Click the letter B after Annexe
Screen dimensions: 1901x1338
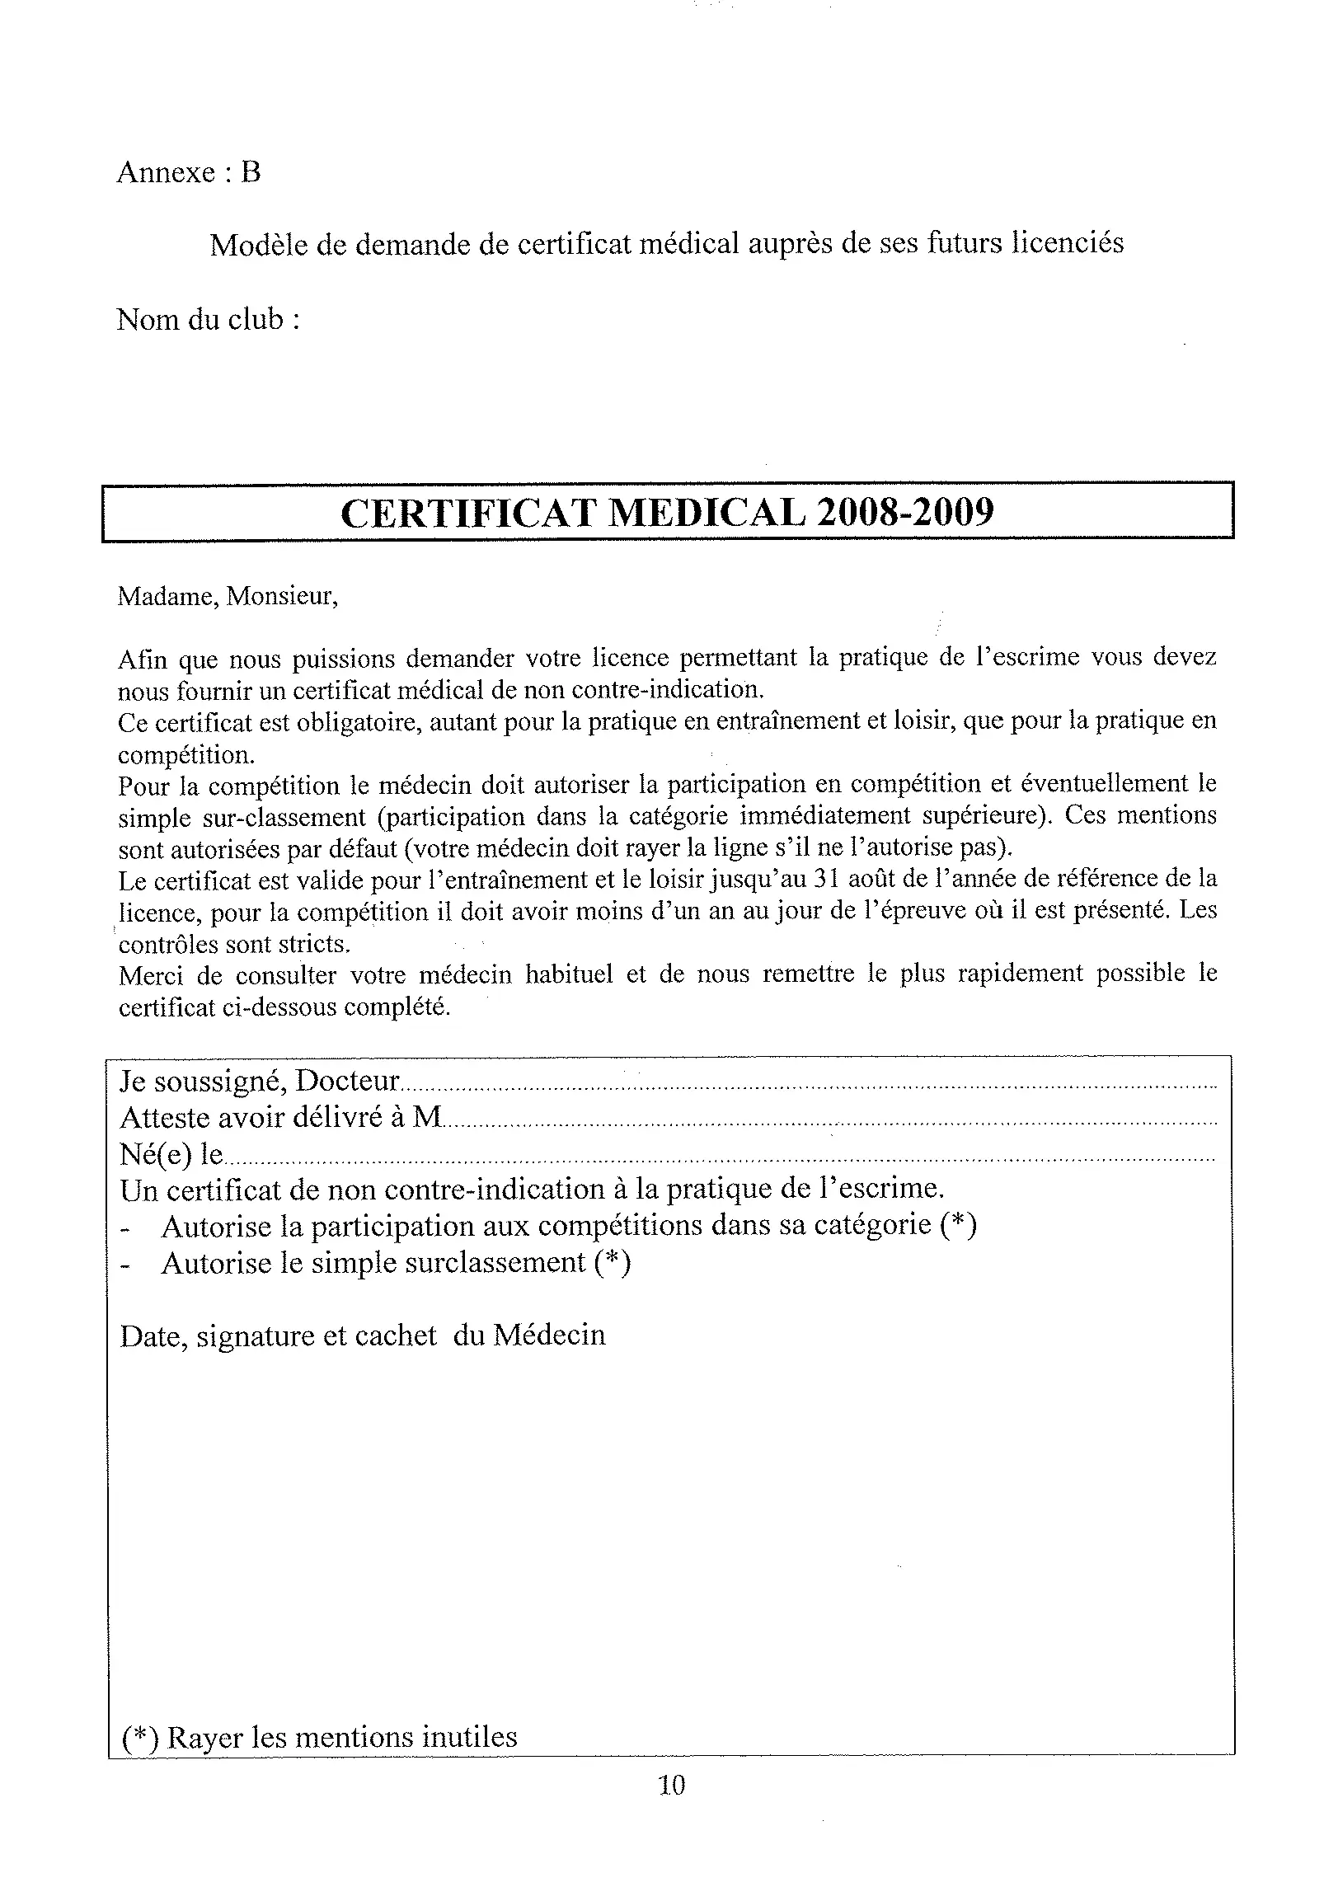tap(251, 172)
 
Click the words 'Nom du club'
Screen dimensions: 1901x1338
tap(200, 319)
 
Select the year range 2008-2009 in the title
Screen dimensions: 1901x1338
tap(904, 513)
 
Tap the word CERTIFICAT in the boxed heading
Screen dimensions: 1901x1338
tap(467, 513)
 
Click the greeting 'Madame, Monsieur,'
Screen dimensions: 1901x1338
tap(228, 596)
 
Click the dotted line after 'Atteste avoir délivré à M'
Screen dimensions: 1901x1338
tap(828, 1123)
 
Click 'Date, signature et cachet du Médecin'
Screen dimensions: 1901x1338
tap(363, 1335)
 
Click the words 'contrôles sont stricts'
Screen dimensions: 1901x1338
tap(234, 944)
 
